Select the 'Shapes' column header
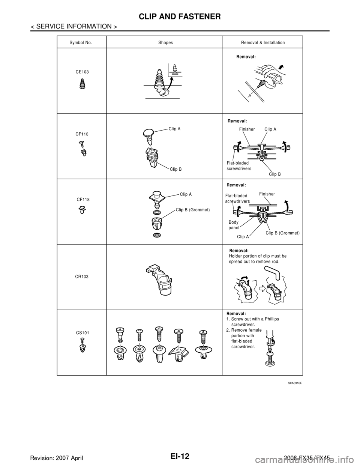pos(165,43)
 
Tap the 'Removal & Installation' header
pos(263,43)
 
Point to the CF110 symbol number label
pos(82,134)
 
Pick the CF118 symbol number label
pos(83,199)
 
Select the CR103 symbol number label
pos(82,276)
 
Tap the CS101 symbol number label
pos(82,332)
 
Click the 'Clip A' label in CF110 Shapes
pos(175,129)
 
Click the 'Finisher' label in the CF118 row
pos(267,194)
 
